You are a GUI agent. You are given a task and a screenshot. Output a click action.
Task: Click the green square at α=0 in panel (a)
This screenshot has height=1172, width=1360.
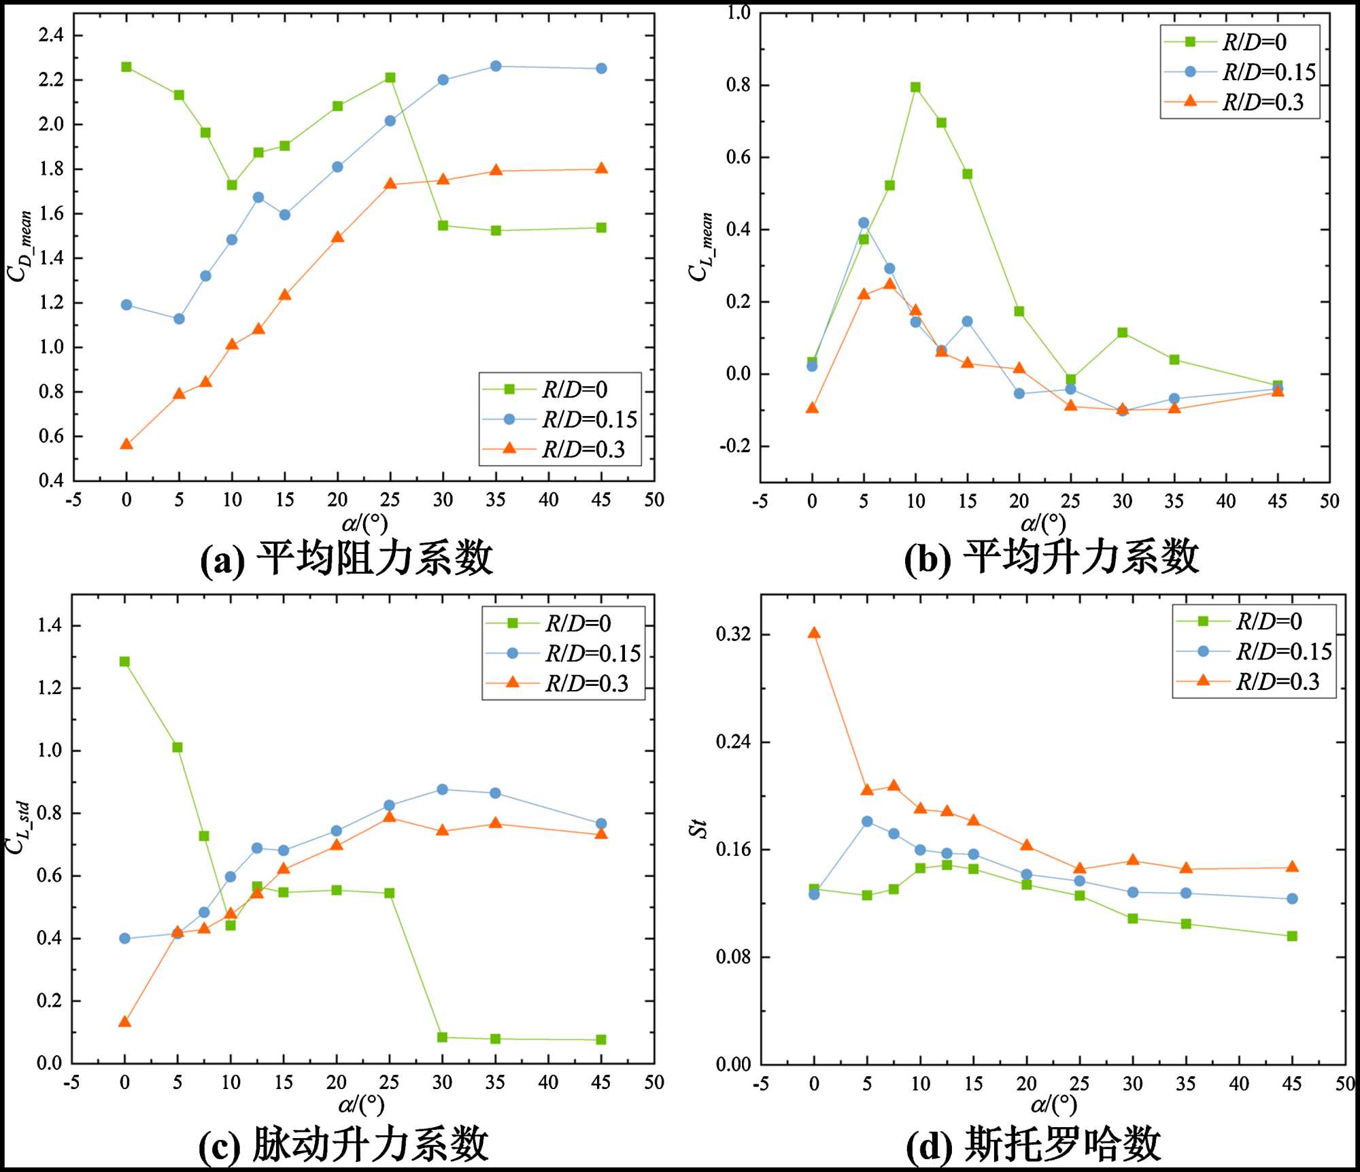tap(126, 67)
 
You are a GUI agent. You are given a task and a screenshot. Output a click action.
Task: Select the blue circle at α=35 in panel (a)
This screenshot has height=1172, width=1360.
tap(496, 66)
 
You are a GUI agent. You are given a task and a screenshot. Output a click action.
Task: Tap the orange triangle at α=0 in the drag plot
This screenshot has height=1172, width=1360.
tap(126, 444)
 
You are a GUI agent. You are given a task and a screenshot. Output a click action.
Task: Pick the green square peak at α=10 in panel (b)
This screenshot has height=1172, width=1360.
tap(915, 87)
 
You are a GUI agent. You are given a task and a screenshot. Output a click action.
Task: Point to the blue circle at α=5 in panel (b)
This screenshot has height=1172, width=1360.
tap(864, 223)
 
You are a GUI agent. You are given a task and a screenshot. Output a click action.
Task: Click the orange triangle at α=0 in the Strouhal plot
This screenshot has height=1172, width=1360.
tap(814, 633)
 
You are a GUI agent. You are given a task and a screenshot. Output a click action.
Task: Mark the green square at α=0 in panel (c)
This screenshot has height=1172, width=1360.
tap(124, 661)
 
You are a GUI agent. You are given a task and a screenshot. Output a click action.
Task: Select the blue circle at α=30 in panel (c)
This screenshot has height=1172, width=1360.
tap(442, 789)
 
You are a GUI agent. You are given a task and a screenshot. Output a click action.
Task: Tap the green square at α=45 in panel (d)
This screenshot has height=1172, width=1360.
tap(1292, 936)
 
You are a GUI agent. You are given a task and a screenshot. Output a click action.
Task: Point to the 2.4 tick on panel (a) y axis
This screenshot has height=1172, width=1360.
tap(51, 35)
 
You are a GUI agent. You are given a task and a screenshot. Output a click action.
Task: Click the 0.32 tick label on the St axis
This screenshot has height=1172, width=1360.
tap(733, 634)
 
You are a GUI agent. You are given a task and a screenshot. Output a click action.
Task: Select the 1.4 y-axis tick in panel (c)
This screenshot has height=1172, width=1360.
tap(50, 625)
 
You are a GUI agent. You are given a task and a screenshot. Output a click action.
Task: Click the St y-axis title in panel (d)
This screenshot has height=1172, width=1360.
tap(698, 829)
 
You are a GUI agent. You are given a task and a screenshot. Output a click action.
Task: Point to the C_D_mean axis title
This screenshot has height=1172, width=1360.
tap(20, 245)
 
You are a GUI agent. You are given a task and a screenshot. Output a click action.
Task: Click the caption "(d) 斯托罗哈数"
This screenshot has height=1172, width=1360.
tap(1034, 1143)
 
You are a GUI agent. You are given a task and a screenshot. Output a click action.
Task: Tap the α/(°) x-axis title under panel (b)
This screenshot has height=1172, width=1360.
tap(1043, 523)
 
